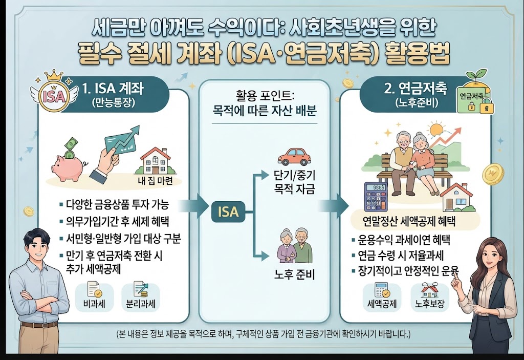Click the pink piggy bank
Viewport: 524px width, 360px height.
[x=67, y=167]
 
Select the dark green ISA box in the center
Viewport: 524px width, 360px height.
[x=228, y=212]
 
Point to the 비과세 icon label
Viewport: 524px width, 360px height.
[x=94, y=305]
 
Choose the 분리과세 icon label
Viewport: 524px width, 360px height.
[x=141, y=305]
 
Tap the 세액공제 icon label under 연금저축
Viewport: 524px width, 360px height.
[x=382, y=304]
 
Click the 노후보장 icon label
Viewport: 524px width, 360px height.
[x=430, y=304]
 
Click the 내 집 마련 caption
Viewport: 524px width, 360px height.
[x=155, y=181]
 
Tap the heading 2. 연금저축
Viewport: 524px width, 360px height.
[x=415, y=88]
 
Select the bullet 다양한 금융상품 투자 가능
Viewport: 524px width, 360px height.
[x=114, y=204]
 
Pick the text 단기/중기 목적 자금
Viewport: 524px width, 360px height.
[x=294, y=182]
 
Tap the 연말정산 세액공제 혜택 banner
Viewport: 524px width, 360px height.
[x=409, y=221]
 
